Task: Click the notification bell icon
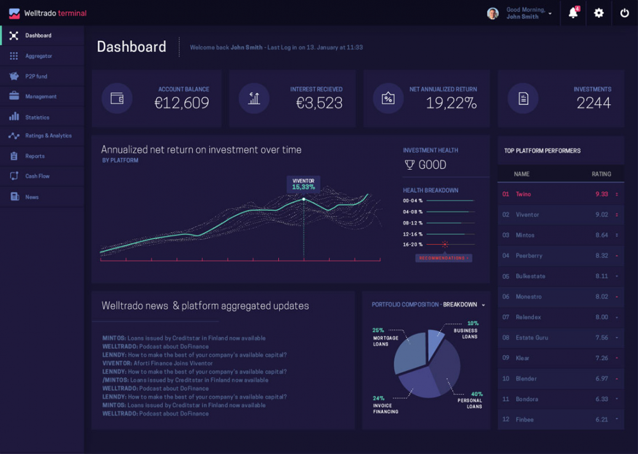tap(573, 13)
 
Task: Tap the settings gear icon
tap(598, 13)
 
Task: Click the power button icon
tap(625, 13)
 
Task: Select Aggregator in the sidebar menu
tap(38, 56)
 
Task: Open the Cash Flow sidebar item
tap(37, 176)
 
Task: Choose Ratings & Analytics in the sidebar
tap(48, 136)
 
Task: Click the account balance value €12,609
tap(182, 103)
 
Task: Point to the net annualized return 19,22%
tap(451, 103)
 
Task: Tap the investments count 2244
tap(593, 103)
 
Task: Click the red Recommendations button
tap(444, 258)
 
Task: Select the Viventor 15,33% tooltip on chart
tap(304, 184)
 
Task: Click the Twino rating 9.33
tap(601, 194)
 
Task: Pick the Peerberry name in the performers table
tap(529, 255)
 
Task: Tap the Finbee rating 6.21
tap(601, 420)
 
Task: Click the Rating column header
tap(601, 174)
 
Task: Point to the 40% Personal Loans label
tap(473, 400)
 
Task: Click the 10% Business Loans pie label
tap(468, 329)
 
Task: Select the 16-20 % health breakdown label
tap(413, 245)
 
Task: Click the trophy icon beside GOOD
tap(410, 165)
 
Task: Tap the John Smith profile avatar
tap(493, 13)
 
